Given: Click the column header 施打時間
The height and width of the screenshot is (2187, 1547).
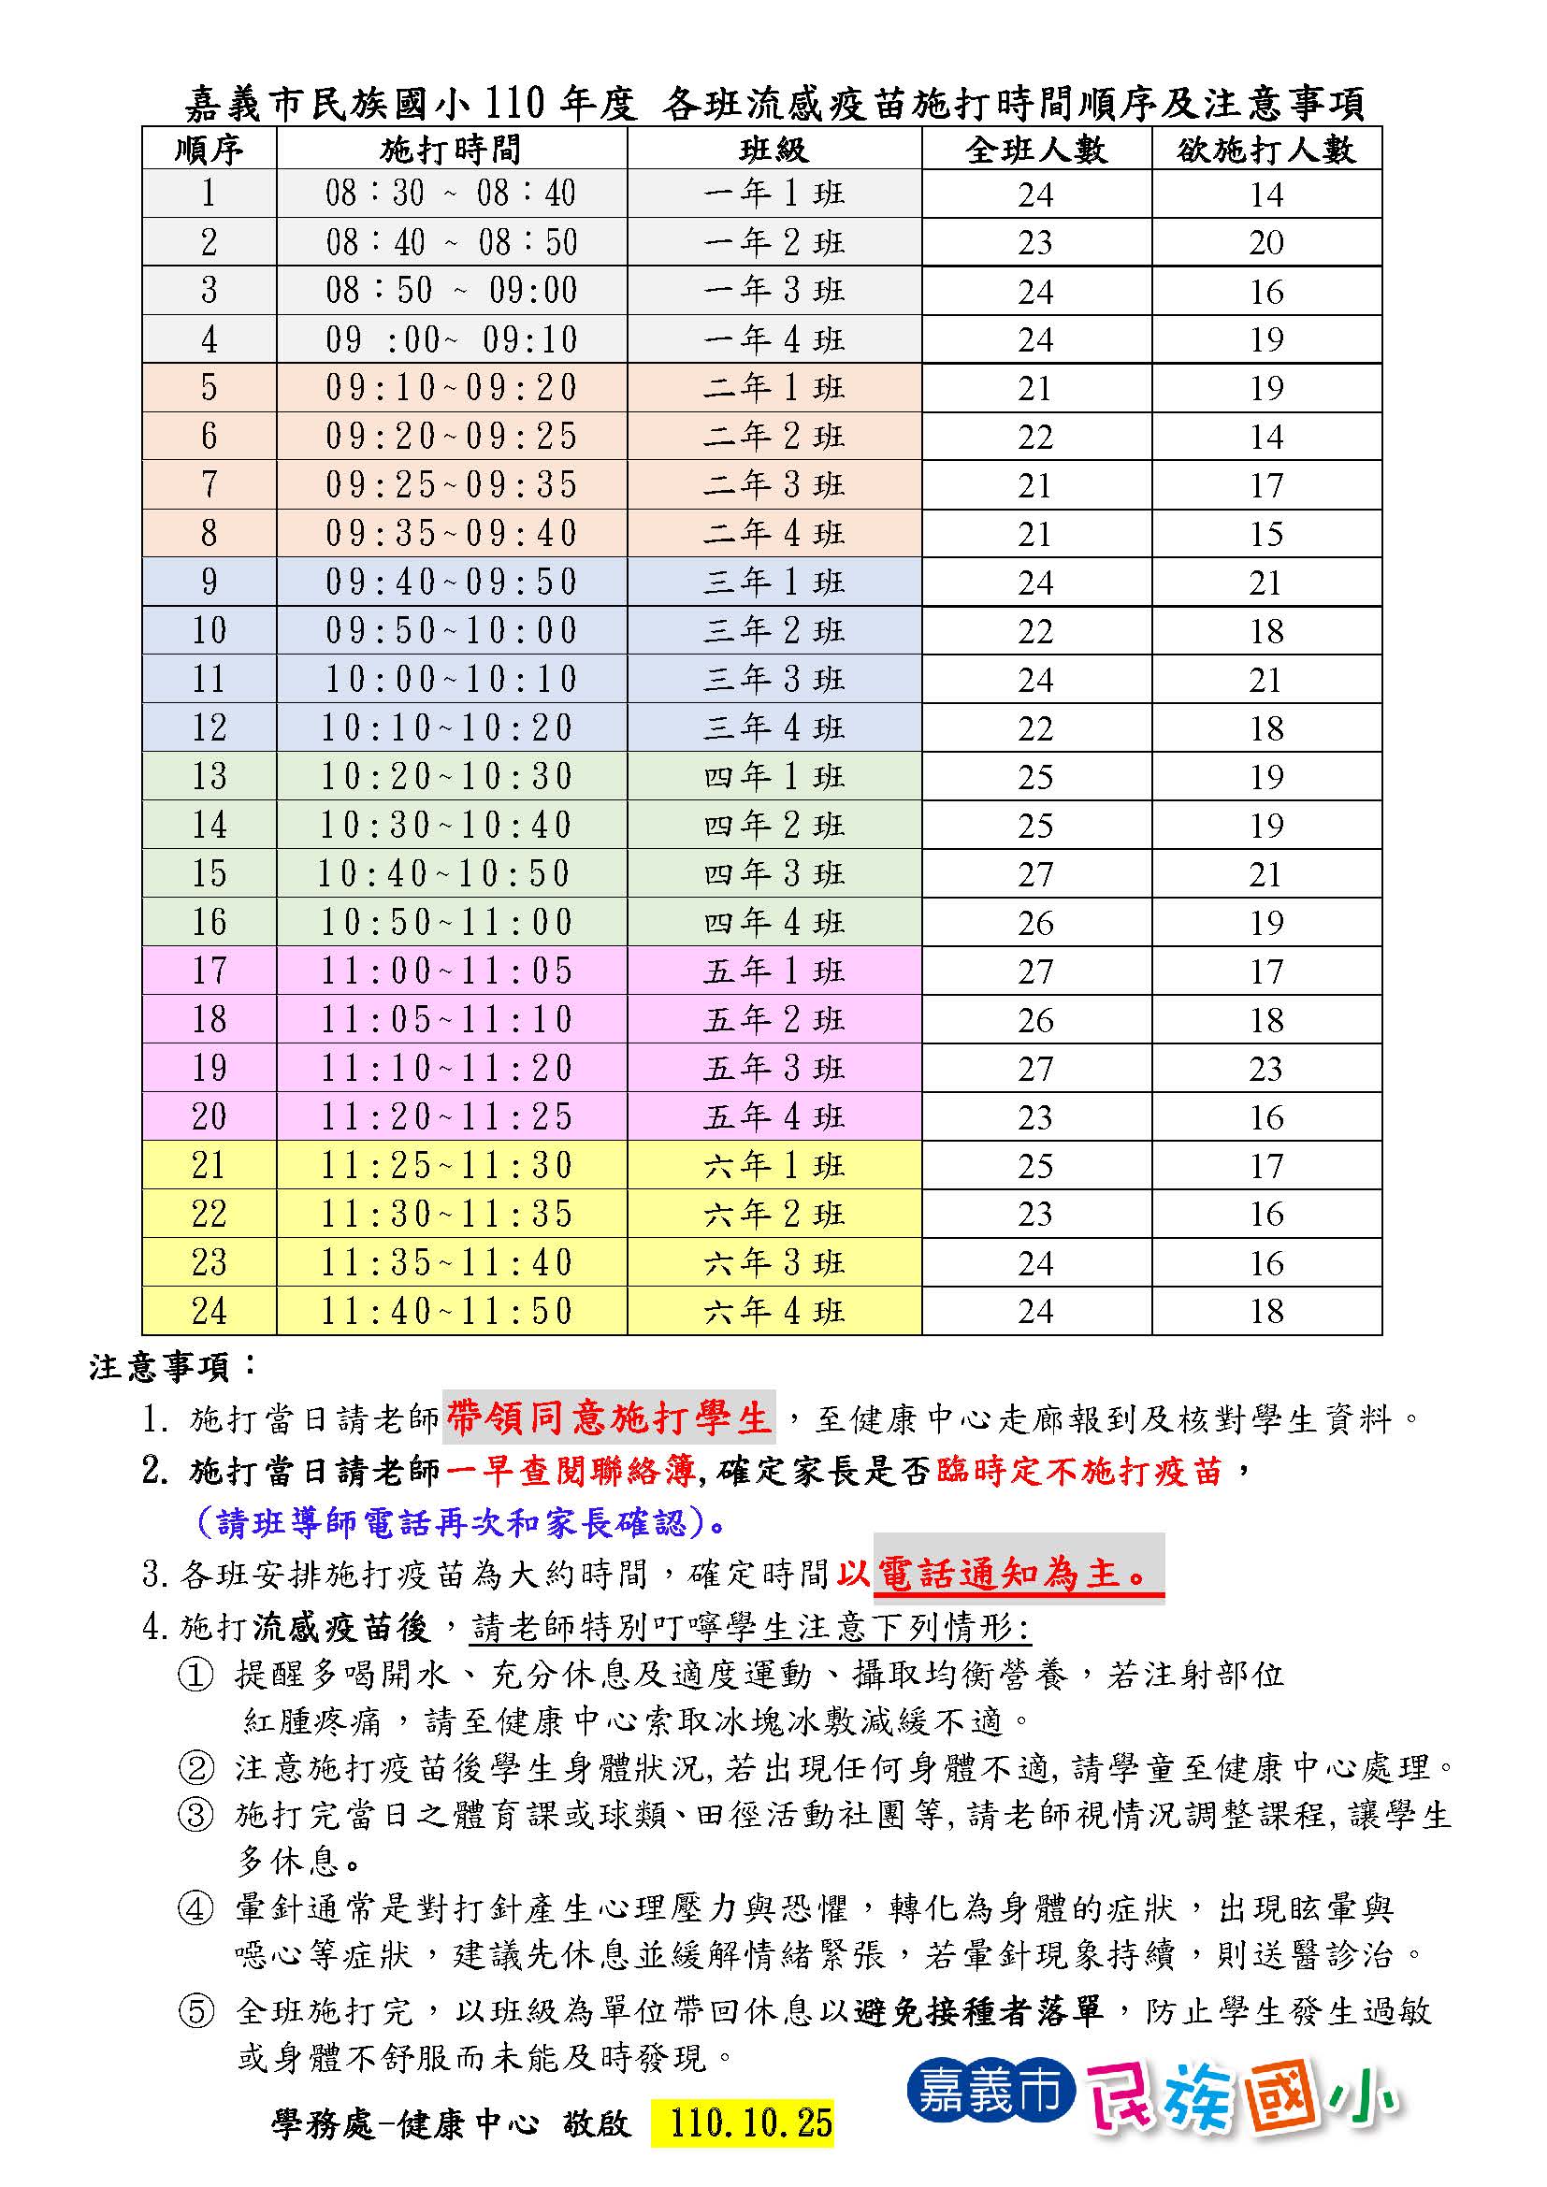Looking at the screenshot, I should [x=451, y=149].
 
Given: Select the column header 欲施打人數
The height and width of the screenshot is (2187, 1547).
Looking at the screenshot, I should [x=1265, y=149].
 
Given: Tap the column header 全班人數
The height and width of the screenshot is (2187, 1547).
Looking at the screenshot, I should [x=1035, y=149].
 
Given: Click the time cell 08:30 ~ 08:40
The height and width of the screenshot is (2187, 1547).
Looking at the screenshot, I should [x=451, y=194].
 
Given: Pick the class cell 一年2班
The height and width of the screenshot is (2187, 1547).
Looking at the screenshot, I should [x=773, y=243].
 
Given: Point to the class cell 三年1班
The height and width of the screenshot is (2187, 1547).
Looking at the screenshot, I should [x=773, y=582].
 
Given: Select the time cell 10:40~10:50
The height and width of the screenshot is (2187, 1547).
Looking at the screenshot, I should [x=445, y=873].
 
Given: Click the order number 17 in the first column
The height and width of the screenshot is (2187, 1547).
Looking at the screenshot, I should [x=209, y=971].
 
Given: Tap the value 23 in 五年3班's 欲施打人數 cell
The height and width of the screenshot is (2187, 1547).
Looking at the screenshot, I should [x=1265, y=1069].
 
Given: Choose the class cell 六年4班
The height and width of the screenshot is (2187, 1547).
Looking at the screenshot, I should [x=773, y=1312].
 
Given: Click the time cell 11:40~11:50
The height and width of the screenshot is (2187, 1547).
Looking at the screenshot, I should [x=447, y=1312].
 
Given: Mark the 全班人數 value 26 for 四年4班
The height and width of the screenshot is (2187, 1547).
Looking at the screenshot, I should [x=1035, y=922].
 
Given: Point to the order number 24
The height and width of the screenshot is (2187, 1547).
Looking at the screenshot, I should [x=209, y=1312].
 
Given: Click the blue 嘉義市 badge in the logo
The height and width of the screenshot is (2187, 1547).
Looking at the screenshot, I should [x=990, y=2093].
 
